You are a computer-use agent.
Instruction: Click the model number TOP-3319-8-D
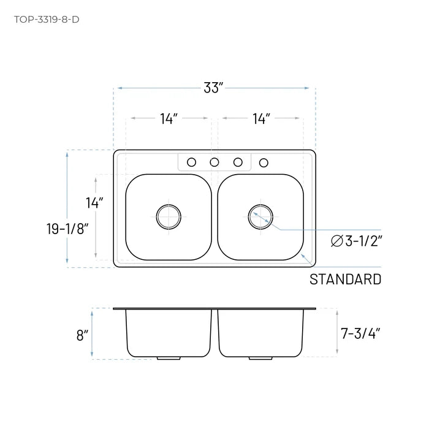coord(46,18)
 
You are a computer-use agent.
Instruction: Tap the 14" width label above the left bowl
coord(169,119)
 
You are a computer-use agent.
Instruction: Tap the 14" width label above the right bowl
coord(261,119)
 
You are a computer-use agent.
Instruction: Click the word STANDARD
coord(345,279)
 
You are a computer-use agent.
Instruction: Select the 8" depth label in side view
coord(82,335)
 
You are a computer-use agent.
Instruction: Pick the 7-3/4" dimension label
coord(360,334)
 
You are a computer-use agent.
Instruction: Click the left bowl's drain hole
coord(169,216)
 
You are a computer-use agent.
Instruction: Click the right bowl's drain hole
coord(260,216)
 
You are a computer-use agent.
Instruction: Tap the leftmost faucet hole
coord(191,162)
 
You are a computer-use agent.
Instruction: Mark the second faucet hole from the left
coord(214,162)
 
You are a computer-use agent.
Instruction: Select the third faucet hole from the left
coord(238,162)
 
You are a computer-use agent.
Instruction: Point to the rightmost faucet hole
coord(264,162)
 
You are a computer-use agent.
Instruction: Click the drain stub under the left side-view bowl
coord(165,358)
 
